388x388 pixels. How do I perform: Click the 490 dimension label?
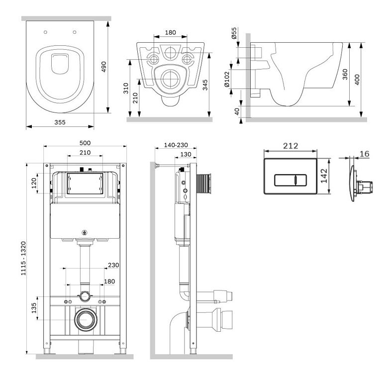point(104,67)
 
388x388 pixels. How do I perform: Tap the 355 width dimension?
point(60,122)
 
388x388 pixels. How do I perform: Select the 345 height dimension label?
point(205,85)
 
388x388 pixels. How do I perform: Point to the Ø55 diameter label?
point(234,33)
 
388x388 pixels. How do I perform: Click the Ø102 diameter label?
point(227,80)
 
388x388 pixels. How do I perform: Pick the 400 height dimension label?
point(357,80)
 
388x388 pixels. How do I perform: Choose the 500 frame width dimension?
point(85,143)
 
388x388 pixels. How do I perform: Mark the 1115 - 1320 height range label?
point(23,258)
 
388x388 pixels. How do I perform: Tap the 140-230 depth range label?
point(176,145)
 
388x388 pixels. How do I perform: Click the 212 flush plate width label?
point(291,146)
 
